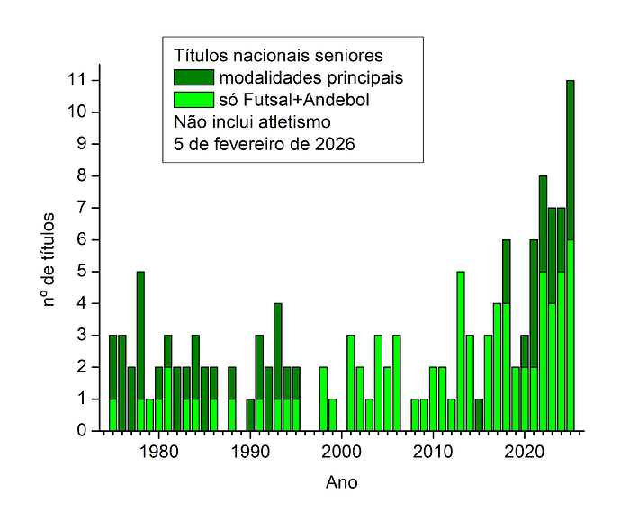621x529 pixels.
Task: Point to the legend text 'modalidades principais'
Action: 310,77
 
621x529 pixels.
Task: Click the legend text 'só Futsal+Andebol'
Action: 294,99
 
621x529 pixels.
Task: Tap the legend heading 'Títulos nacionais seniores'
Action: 278,55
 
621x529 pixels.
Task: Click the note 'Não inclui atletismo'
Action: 252,121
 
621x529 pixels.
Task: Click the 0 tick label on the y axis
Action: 81,430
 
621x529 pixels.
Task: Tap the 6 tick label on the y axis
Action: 81,239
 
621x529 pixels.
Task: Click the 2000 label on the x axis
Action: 341,450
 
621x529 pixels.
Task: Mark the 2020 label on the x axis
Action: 524,450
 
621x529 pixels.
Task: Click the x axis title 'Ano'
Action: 341,483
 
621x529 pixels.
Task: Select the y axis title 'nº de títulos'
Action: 51,256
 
